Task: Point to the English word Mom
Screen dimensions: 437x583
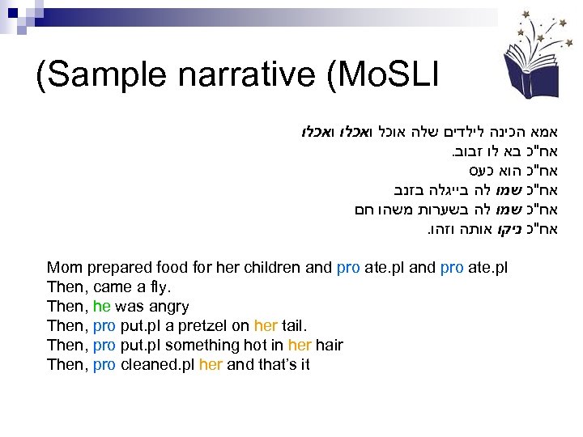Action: [x=63, y=267]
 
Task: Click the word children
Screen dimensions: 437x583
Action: [x=274, y=267]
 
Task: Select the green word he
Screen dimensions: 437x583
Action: [x=102, y=306]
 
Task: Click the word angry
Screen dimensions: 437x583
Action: [x=169, y=306]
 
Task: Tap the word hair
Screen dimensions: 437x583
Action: [x=329, y=345]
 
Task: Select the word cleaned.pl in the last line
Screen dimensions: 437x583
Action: [x=156, y=364]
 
